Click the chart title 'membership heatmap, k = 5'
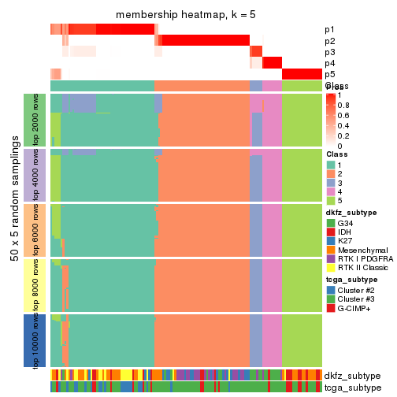click(185, 16)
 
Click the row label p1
click(329, 30)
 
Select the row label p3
click(329, 52)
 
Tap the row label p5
click(329, 74)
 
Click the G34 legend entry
click(331, 223)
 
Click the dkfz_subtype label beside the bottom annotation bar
click(351, 376)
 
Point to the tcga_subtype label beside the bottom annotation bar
click(351, 387)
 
